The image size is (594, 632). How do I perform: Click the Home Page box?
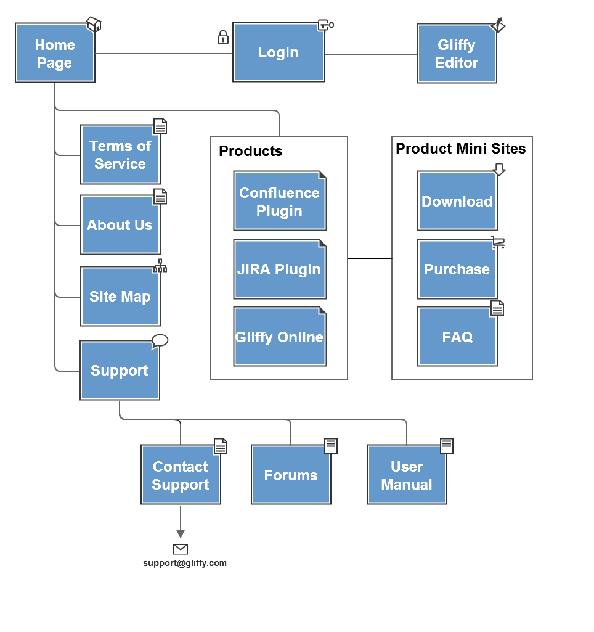pyautogui.click(x=55, y=54)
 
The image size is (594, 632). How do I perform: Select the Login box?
pyautogui.click(x=279, y=52)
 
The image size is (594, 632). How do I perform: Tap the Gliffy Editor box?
pyautogui.click(x=457, y=54)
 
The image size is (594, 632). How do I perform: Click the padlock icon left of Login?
pyautogui.click(x=223, y=38)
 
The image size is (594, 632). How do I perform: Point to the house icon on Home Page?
pyautogui.click(x=94, y=25)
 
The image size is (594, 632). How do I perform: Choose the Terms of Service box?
pyautogui.click(x=120, y=155)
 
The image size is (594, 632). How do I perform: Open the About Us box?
pyautogui.click(x=120, y=225)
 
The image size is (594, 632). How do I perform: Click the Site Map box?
pyautogui.click(x=120, y=297)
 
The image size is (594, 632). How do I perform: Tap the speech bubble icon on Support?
pyautogui.click(x=160, y=341)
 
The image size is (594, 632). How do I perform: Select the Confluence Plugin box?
pyautogui.click(x=279, y=202)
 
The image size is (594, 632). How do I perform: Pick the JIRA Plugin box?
pyautogui.click(x=279, y=269)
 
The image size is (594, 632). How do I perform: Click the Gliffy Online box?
pyautogui.click(x=279, y=337)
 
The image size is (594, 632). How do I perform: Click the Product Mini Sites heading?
pyautogui.click(x=461, y=149)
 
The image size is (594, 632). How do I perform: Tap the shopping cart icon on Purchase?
pyautogui.click(x=498, y=242)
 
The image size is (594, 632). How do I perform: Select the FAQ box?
pyautogui.click(x=457, y=337)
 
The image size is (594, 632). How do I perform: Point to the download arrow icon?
pyautogui.click(x=499, y=170)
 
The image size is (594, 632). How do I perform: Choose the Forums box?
pyautogui.click(x=291, y=475)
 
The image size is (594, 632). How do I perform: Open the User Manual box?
pyautogui.click(x=407, y=475)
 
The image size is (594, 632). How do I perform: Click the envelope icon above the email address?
pyautogui.click(x=181, y=549)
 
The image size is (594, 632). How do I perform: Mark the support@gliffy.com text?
pyautogui.click(x=185, y=563)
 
